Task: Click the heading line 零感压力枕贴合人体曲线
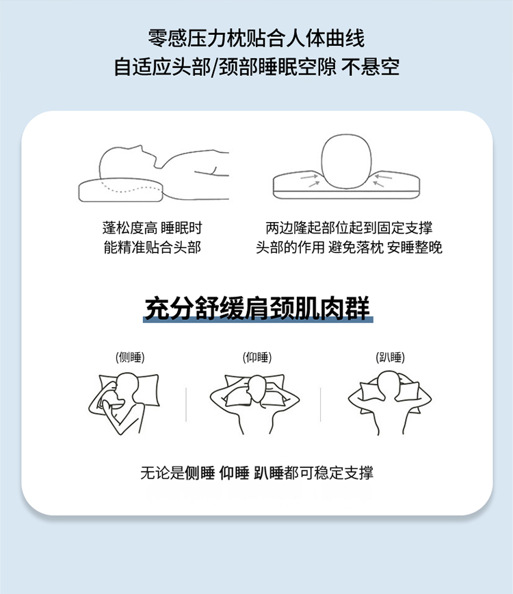(x=256, y=38)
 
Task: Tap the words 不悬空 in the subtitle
(x=370, y=67)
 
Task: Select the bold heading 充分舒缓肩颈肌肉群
(x=258, y=308)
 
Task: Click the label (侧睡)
(x=130, y=357)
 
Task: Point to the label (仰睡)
(x=257, y=357)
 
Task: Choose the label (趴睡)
(x=390, y=357)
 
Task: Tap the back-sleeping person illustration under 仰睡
(x=254, y=404)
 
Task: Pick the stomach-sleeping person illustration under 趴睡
(x=390, y=403)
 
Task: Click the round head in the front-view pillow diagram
(x=346, y=161)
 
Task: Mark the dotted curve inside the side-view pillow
(x=131, y=188)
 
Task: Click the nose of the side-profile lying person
(x=142, y=147)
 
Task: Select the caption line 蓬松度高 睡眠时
(x=152, y=228)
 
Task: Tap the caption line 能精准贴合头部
(x=152, y=247)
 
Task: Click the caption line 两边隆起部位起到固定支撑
(x=349, y=228)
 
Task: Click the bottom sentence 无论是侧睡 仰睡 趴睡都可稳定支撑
(x=257, y=473)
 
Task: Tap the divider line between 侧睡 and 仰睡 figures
(x=186, y=404)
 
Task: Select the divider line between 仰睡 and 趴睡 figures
(x=320, y=404)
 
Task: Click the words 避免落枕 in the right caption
(x=356, y=247)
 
